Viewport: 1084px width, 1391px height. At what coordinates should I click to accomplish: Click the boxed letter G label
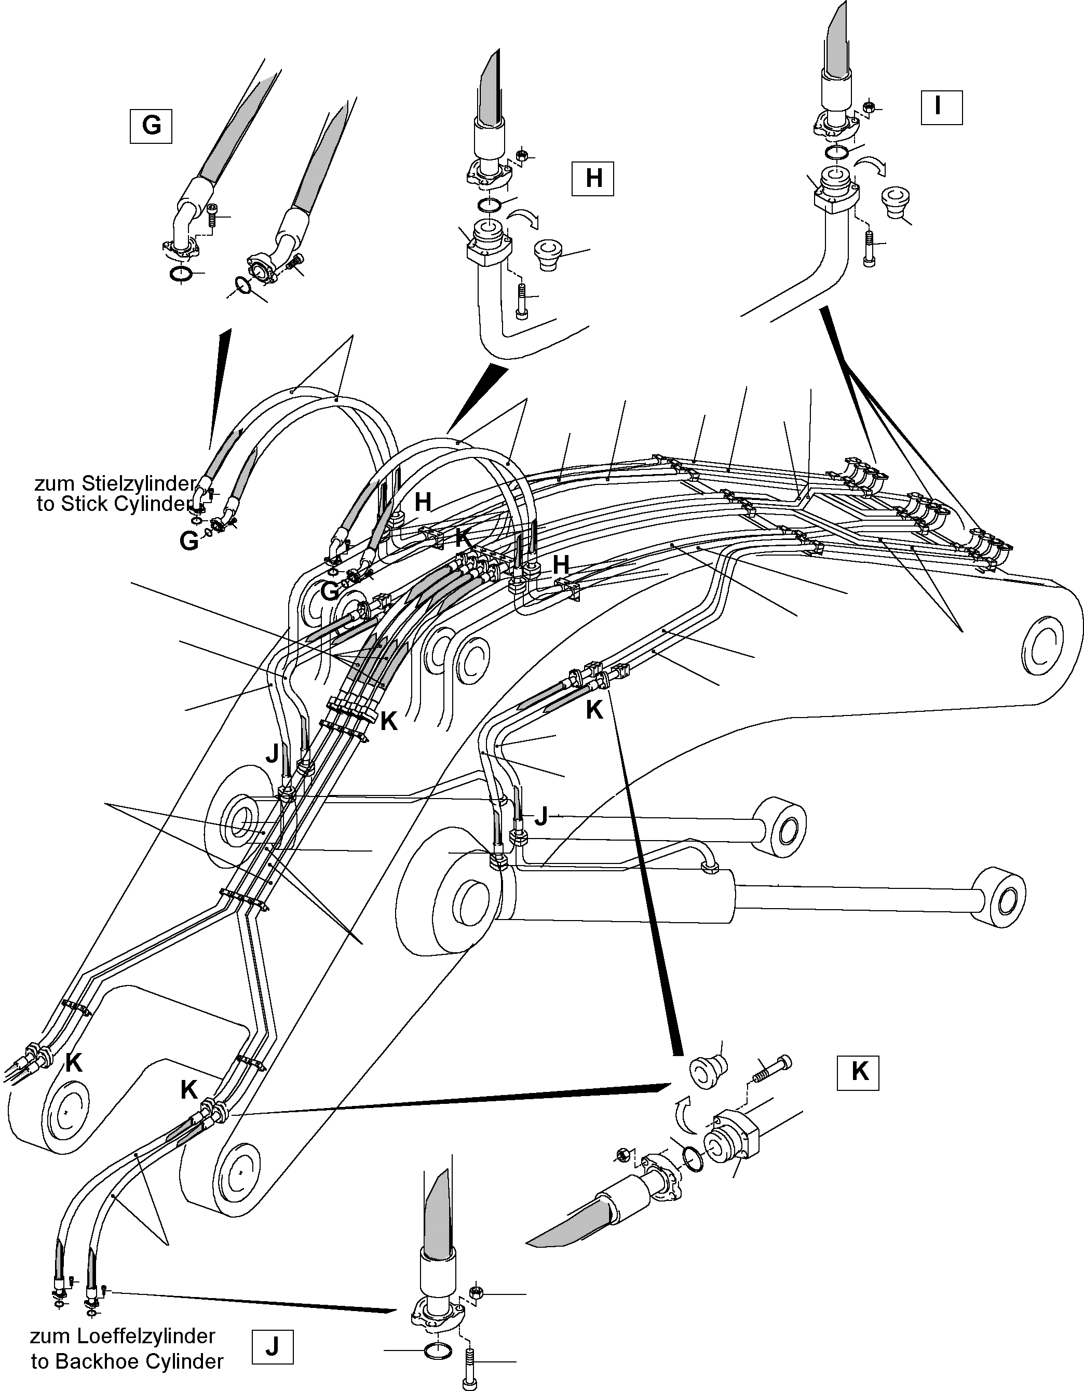[x=151, y=126]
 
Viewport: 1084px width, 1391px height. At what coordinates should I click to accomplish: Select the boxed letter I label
[x=941, y=107]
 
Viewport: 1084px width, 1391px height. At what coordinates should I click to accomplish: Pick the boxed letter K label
[x=859, y=1072]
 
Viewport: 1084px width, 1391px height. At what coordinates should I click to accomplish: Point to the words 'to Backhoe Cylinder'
[x=127, y=1361]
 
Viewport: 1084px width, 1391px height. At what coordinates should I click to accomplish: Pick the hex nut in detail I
[x=868, y=107]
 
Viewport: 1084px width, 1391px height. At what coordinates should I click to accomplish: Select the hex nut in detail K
[x=624, y=1152]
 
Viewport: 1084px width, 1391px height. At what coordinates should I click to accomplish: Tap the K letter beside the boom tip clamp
[x=73, y=1063]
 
